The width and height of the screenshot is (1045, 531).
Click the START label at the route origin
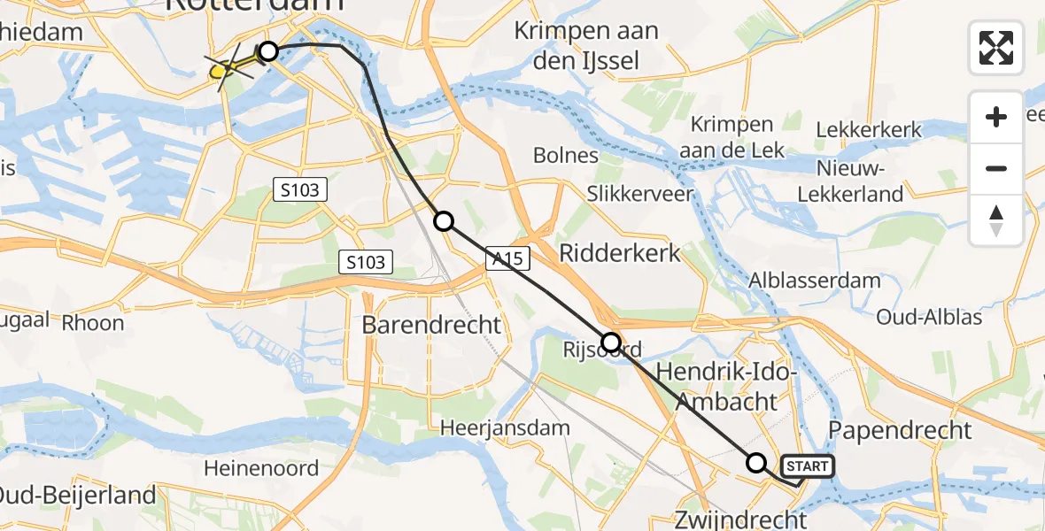pos(807,466)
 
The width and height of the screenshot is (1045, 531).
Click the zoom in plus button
pos(996,117)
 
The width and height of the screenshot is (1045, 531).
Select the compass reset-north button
pos(996,220)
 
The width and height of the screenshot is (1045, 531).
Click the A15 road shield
pos(507,258)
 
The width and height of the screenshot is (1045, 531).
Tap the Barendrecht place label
pos(432,325)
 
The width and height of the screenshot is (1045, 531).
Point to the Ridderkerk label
pos(620,254)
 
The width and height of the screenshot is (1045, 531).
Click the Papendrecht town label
pos(901,431)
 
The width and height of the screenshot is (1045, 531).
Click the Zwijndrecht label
pos(740,519)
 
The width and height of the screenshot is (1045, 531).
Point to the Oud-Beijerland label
pos(78,496)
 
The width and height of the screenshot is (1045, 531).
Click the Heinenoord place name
pos(261,468)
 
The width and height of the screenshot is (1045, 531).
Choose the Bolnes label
pos(566,156)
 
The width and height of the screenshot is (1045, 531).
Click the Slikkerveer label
pos(639,194)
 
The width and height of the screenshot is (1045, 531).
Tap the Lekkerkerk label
pos(869,130)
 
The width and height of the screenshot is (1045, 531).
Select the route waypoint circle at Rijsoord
pos(611,342)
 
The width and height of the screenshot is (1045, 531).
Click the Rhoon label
pos(93,323)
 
